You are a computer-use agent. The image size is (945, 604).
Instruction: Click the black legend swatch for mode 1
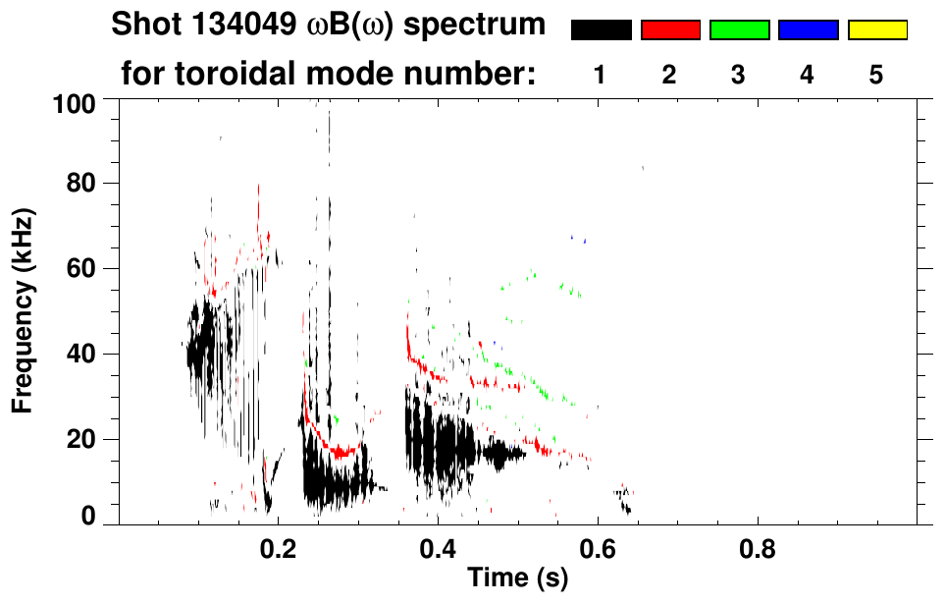point(601,30)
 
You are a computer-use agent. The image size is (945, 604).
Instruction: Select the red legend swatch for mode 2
point(670,30)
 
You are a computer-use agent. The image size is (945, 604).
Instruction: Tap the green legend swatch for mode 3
point(739,30)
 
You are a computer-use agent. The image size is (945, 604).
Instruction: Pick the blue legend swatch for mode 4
point(808,30)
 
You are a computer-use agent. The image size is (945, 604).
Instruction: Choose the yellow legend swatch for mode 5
point(876,30)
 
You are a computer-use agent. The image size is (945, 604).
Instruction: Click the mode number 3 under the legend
point(739,76)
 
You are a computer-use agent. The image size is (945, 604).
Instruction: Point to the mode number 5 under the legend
point(876,76)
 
